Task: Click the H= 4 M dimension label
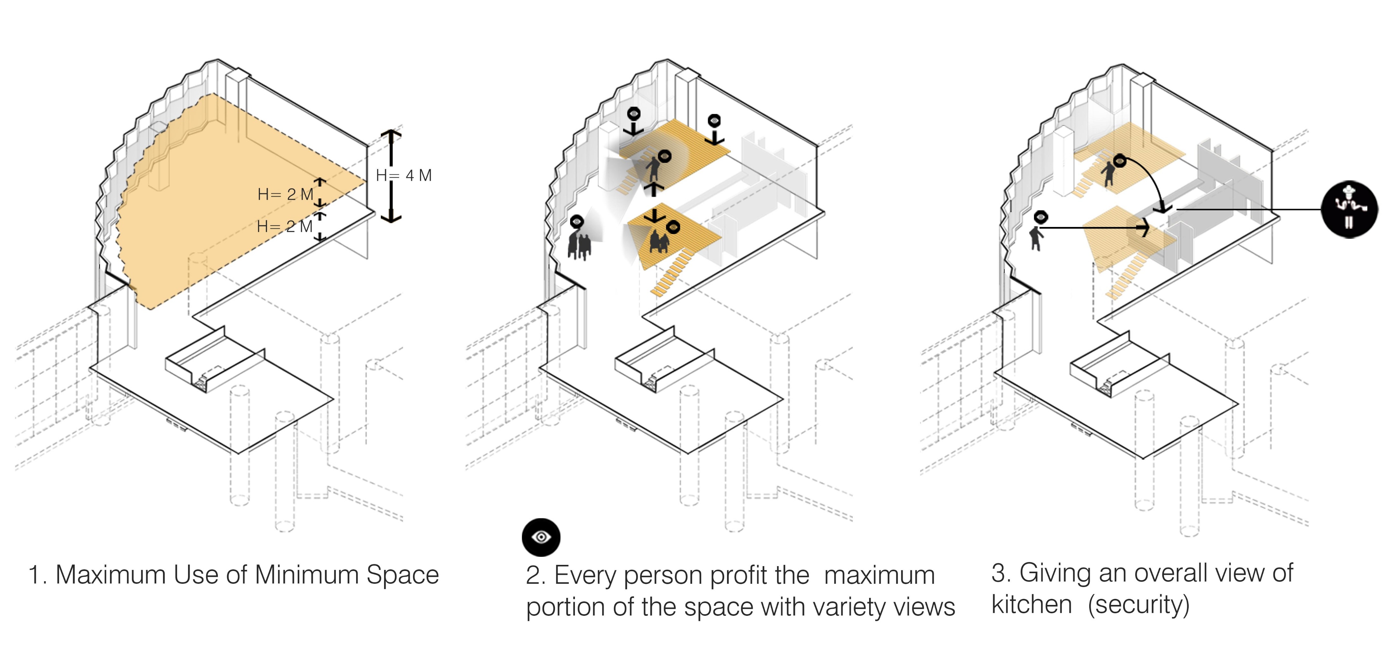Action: pos(404,175)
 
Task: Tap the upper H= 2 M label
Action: pos(285,194)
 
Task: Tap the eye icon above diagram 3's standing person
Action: pos(1040,217)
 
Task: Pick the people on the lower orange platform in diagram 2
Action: pos(659,241)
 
